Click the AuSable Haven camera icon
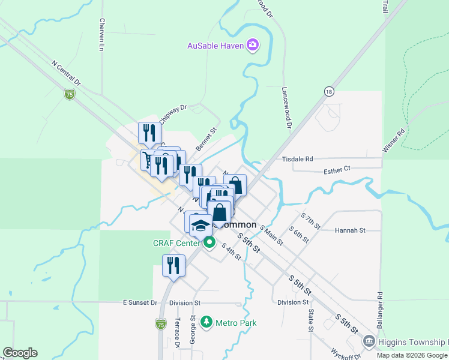(253, 45)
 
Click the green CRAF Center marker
(209, 243)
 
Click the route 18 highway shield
(328, 91)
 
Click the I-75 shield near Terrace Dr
(160, 324)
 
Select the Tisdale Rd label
(298, 159)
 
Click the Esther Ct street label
(337, 170)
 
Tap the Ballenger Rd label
(380, 309)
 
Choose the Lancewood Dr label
(286, 109)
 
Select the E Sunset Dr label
(139, 303)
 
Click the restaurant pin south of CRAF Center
(173, 266)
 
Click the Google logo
(20, 353)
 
